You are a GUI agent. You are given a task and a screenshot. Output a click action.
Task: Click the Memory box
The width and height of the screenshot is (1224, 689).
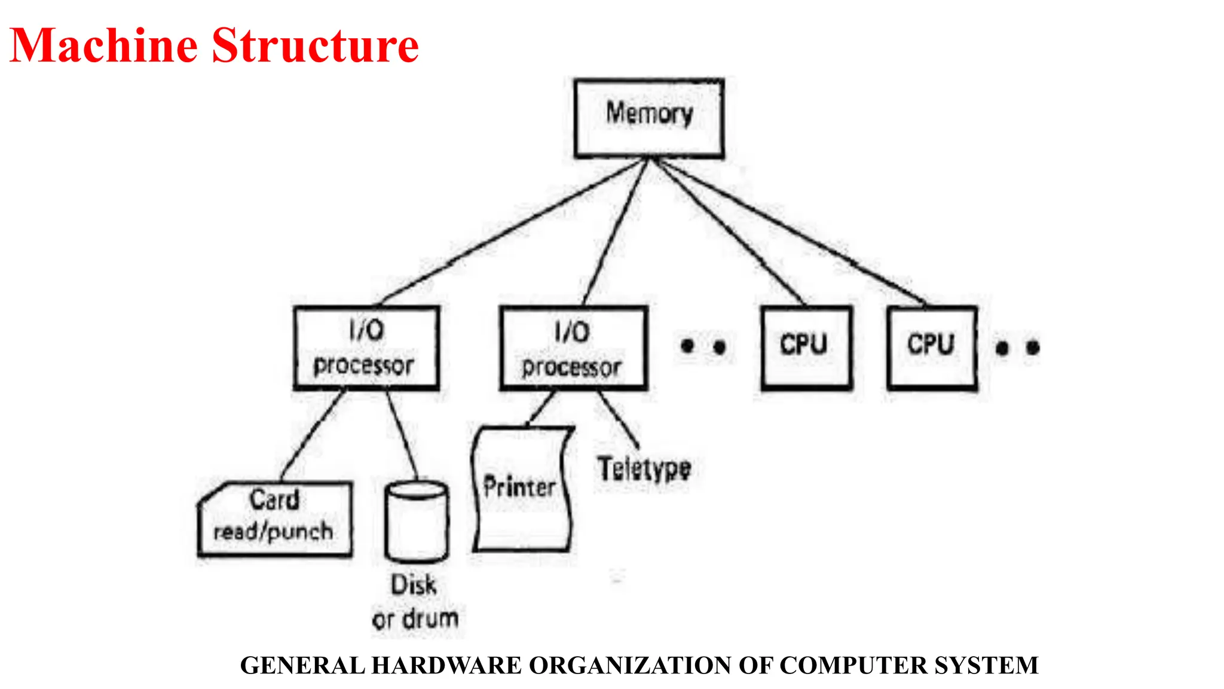point(649,118)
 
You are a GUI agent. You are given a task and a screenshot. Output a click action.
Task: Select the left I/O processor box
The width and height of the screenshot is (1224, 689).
point(366,348)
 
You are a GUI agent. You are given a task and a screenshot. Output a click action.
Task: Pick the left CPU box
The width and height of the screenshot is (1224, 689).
point(806,348)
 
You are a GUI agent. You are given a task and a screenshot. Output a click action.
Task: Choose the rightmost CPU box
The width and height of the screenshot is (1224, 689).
point(932,348)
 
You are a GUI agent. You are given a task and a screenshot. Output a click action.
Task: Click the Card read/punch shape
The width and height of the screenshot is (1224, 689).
point(275,519)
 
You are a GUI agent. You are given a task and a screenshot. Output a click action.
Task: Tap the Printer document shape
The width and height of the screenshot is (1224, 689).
point(522,488)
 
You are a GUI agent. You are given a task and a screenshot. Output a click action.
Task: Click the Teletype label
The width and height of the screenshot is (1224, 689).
point(644,468)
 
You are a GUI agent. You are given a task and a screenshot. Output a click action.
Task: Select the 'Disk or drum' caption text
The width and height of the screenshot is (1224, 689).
point(415,602)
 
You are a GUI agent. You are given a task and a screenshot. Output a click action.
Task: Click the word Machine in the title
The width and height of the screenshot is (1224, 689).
point(104,45)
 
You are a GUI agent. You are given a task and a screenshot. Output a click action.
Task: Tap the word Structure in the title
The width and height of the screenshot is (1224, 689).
point(316,45)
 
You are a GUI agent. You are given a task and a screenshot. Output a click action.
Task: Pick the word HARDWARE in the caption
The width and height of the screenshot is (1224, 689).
point(446,665)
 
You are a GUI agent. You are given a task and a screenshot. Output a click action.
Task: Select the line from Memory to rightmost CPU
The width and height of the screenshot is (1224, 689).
point(789,231)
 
